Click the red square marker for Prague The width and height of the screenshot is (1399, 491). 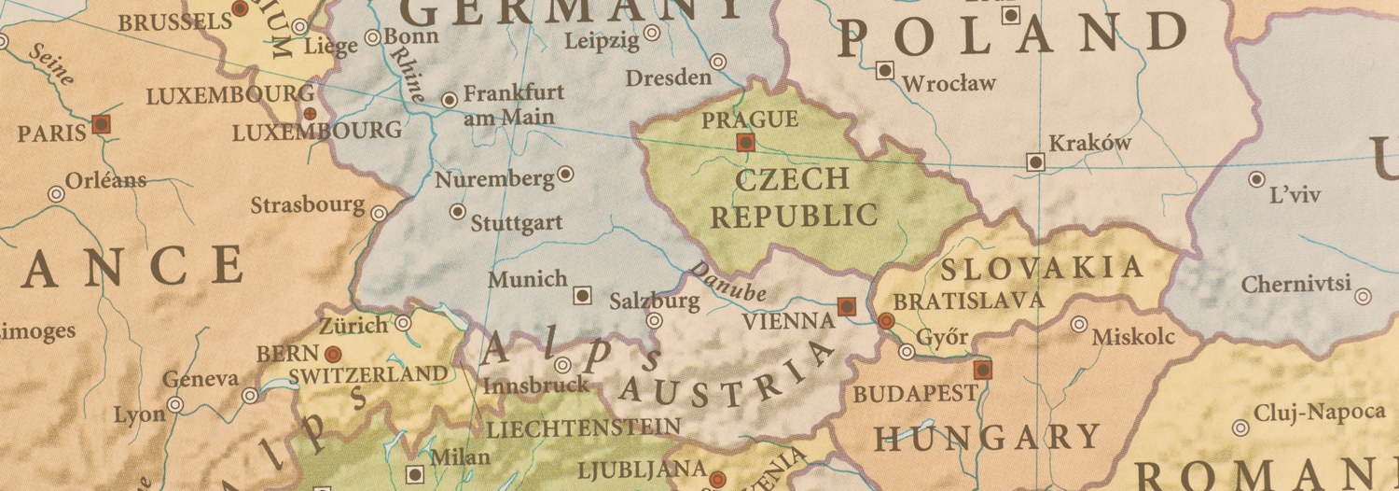[745, 142]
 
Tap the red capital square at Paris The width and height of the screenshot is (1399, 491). [102, 123]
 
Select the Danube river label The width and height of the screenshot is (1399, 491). [727, 281]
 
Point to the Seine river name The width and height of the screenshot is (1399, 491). [51, 64]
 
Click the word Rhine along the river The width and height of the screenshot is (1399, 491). [407, 74]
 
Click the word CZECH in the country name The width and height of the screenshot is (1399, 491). [792, 178]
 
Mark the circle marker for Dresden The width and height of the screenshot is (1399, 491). [717, 62]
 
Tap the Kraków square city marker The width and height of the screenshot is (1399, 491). [1035, 162]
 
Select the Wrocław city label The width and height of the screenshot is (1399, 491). [949, 84]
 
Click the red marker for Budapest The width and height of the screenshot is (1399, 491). [982, 370]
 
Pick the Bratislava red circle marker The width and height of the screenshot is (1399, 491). [886, 321]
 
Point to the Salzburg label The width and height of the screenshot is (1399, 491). [654, 301]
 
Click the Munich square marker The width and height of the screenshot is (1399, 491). [582, 295]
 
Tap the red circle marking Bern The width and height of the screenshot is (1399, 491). [332, 354]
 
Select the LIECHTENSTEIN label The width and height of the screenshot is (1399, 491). [583, 428]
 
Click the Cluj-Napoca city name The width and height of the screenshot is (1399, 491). [1320, 413]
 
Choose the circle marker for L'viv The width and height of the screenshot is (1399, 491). [1256, 179]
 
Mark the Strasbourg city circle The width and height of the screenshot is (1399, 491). [379, 214]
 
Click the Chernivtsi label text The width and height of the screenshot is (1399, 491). [1296, 284]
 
